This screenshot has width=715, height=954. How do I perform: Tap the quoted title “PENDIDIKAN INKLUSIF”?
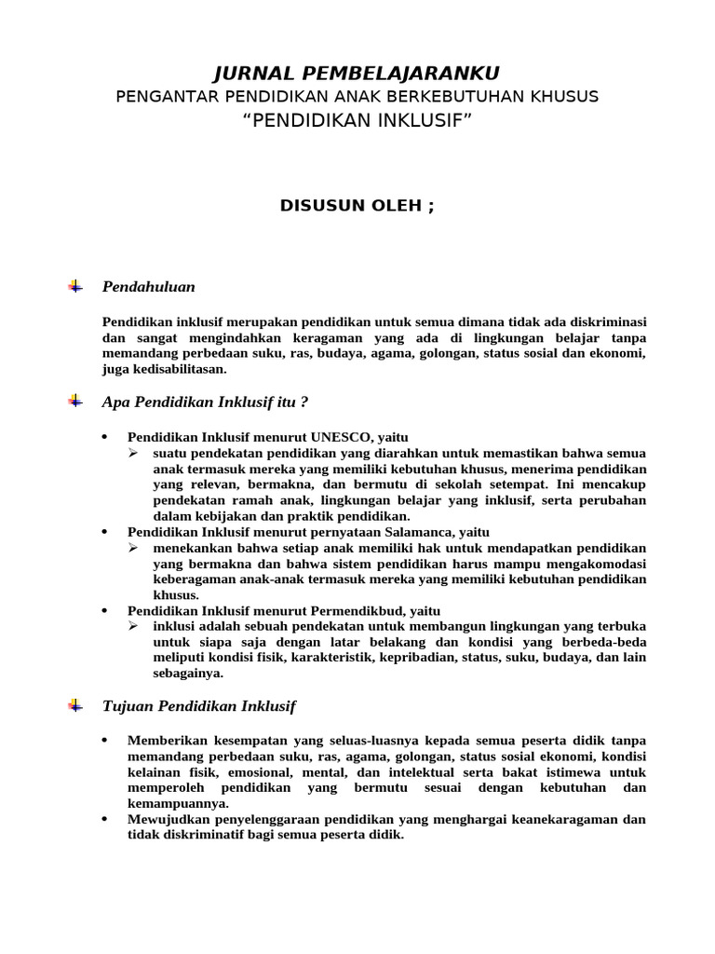(357, 120)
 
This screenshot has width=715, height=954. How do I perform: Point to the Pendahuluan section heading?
(148, 287)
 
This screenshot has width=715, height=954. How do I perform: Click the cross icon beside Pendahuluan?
(75, 286)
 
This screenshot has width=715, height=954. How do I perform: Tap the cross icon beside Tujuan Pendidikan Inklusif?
(75, 706)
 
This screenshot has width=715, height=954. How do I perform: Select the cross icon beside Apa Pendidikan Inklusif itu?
(75, 402)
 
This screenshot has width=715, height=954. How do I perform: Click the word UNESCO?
(342, 437)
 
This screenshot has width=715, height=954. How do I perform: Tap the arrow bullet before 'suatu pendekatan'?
(133, 453)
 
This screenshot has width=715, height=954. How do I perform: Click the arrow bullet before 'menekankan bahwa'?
(133, 547)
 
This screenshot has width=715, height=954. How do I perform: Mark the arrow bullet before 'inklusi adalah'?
(133, 626)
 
